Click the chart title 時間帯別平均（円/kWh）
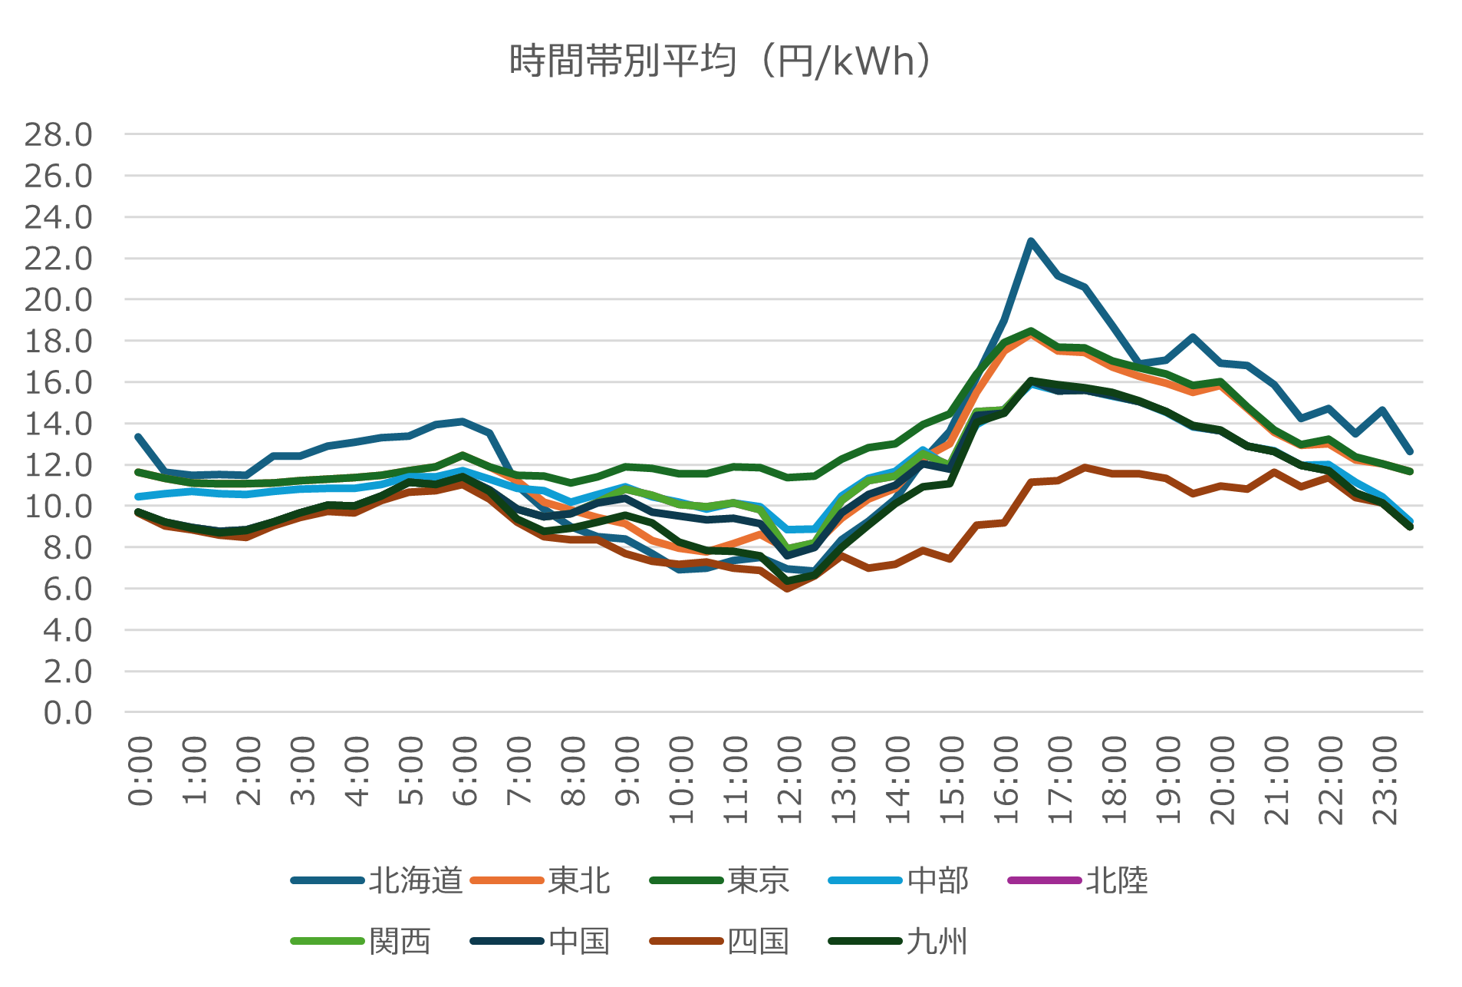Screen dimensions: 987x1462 721,61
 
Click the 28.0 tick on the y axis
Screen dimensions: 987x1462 58,135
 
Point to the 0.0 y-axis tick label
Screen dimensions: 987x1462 68,713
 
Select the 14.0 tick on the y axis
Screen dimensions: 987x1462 58,424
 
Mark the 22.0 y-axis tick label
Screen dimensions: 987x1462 58,259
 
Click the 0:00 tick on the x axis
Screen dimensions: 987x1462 140,771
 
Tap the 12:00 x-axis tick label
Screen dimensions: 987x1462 790,780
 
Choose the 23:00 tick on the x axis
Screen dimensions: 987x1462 1385,780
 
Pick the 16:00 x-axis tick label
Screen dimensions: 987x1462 1006,780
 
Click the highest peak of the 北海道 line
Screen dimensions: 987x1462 1032,241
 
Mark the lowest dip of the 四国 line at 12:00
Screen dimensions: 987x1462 788,588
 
